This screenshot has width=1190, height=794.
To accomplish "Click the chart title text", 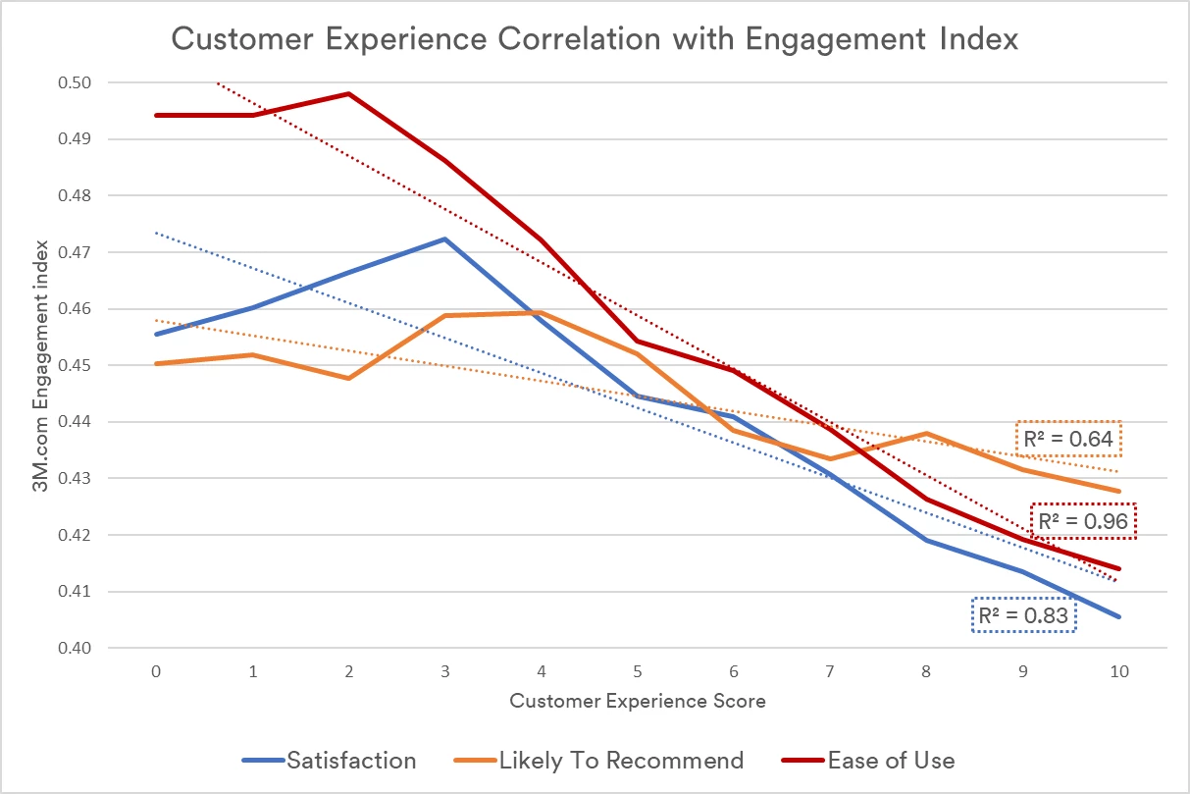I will point(595,39).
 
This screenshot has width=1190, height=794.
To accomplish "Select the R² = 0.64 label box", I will point(1068,439).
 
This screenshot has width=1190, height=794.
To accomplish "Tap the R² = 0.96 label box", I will point(1084,520).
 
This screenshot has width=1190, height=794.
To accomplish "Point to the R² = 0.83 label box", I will point(1024,615).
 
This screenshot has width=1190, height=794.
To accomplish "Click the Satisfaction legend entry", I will point(330,760).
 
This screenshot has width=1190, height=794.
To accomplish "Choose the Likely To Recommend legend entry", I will point(599,760).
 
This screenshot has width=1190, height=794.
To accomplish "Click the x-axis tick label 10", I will point(1118,672).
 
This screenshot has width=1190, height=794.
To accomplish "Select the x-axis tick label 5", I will point(637,672).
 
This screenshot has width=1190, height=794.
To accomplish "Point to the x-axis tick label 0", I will point(156,672).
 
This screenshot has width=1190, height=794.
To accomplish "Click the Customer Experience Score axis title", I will point(638,701).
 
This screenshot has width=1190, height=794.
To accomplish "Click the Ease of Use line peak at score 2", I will point(348,94).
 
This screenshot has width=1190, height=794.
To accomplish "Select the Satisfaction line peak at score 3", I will point(444,238).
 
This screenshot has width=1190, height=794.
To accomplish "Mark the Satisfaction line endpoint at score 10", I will point(1119,616).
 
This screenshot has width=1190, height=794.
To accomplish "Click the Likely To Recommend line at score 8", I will point(926,433).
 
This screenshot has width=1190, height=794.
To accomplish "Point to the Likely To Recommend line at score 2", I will point(348,378).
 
